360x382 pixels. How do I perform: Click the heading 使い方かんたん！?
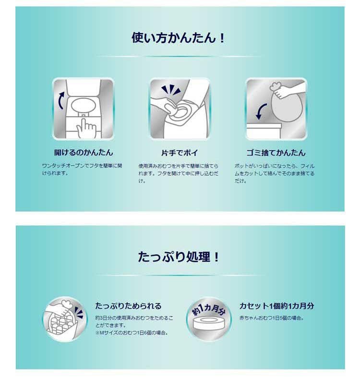(178, 38)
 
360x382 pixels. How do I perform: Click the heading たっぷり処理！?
(179, 257)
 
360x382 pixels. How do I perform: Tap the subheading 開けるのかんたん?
(84, 153)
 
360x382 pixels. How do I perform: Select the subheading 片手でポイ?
(180, 153)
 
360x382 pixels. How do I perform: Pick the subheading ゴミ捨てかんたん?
(276, 153)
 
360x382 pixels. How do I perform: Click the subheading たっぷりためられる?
(128, 306)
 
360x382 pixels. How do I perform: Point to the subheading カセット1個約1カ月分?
(276, 306)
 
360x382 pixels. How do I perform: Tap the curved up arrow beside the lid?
(61, 100)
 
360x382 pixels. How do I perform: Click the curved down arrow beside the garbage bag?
(261, 111)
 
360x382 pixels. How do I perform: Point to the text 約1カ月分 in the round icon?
(209, 309)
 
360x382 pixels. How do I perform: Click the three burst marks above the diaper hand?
(170, 89)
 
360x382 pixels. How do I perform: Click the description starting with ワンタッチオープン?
(82, 169)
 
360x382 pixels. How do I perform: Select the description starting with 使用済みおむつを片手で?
(178, 173)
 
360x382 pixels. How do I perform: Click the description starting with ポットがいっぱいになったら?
(275, 173)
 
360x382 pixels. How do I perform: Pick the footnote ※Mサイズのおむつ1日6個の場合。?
(132, 333)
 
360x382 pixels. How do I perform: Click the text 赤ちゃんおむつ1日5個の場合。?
(271, 318)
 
